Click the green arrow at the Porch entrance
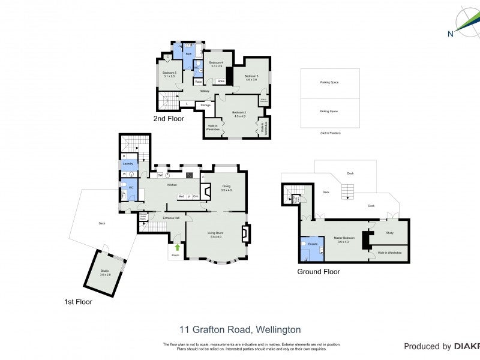coord(177,247)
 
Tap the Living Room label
coord(216,235)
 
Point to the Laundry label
coord(128,163)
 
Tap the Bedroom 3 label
coord(251,77)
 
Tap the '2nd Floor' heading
coord(167,118)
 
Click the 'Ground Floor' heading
coord(319,272)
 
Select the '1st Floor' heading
coord(79,302)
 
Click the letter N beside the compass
coord(450,34)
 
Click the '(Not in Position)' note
coord(330,131)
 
